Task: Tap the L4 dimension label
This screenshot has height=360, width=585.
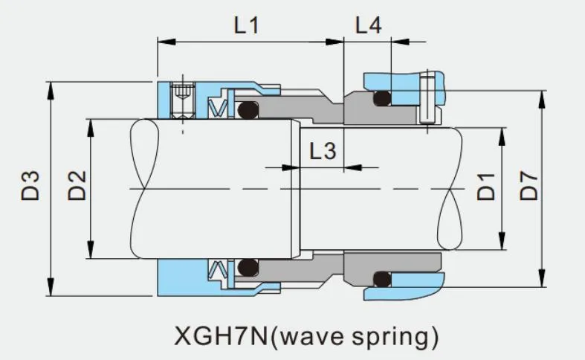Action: click(x=368, y=25)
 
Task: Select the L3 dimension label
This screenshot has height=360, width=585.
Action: click(x=323, y=152)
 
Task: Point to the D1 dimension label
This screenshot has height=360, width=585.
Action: click(x=486, y=185)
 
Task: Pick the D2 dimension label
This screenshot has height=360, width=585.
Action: click(x=77, y=186)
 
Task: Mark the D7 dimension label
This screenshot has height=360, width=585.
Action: click(x=529, y=185)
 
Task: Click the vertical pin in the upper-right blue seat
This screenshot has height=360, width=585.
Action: click(x=427, y=97)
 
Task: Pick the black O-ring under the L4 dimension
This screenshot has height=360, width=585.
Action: click(x=381, y=97)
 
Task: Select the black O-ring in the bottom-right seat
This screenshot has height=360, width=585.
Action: click(x=381, y=279)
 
